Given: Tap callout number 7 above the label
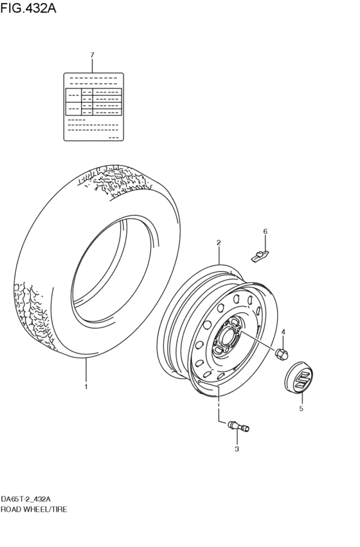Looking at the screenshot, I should (x=92, y=55).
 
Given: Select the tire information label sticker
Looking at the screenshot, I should (x=93, y=106).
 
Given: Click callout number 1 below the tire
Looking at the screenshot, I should (x=85, y=387).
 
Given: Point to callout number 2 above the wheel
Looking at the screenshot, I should (x=219, y=243).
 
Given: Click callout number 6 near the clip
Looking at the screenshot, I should (x=265, y=231).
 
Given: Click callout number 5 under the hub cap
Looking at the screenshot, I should (x=301, y=408).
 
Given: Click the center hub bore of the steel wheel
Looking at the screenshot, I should (x=227, y=335).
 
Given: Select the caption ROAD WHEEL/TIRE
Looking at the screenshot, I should (x=34, y=508).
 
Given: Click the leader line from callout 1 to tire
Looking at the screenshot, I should (x=85, y=370).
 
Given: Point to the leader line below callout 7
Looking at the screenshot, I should (x=92, y=66).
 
